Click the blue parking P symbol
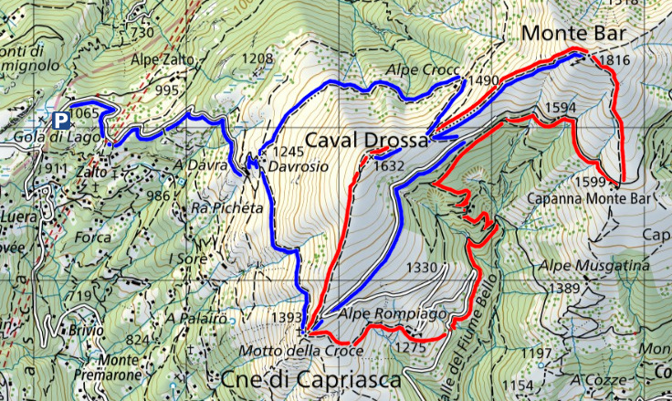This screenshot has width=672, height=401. (61, 120)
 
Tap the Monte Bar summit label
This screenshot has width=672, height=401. (574, 34)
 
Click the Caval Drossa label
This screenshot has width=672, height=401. (366, 142)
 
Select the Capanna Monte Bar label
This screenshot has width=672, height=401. (579, 198)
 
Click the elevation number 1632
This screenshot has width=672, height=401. (388, 166)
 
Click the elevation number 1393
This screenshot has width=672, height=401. (285, 318)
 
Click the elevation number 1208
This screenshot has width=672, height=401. (257, 58)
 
